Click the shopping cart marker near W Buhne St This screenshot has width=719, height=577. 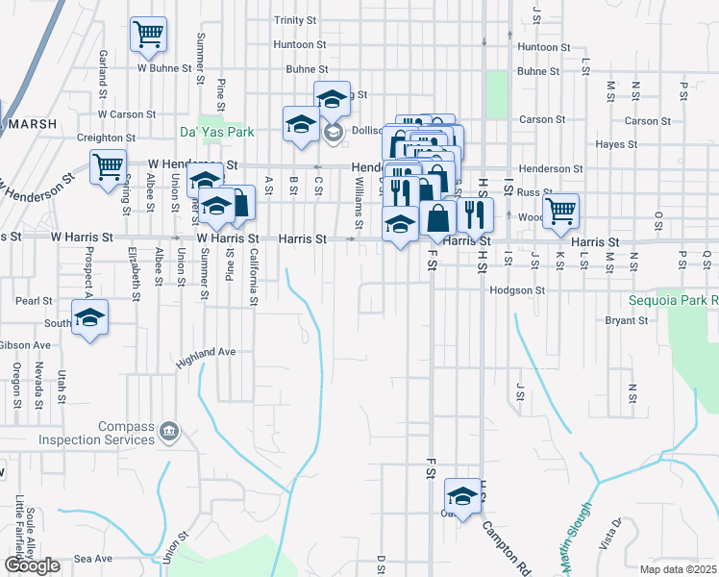[x=148, y=35]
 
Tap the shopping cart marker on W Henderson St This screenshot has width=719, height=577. [x=108, y=166]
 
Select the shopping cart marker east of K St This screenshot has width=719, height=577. [x=560, y=211]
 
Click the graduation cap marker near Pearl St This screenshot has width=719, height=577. [x=90, y=318]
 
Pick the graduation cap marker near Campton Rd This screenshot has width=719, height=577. [x=462, y=496]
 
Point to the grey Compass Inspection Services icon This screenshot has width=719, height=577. [x=170, y=430]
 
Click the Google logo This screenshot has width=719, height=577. [x=32, y=565]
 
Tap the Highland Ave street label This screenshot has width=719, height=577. [x=206, y=358]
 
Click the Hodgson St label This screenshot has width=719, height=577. [x=517, y=289]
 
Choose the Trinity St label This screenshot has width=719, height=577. [x=295, y=20]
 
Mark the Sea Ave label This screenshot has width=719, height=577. [x=93, y=559]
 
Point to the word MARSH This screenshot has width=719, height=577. [x=30, y=124]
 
